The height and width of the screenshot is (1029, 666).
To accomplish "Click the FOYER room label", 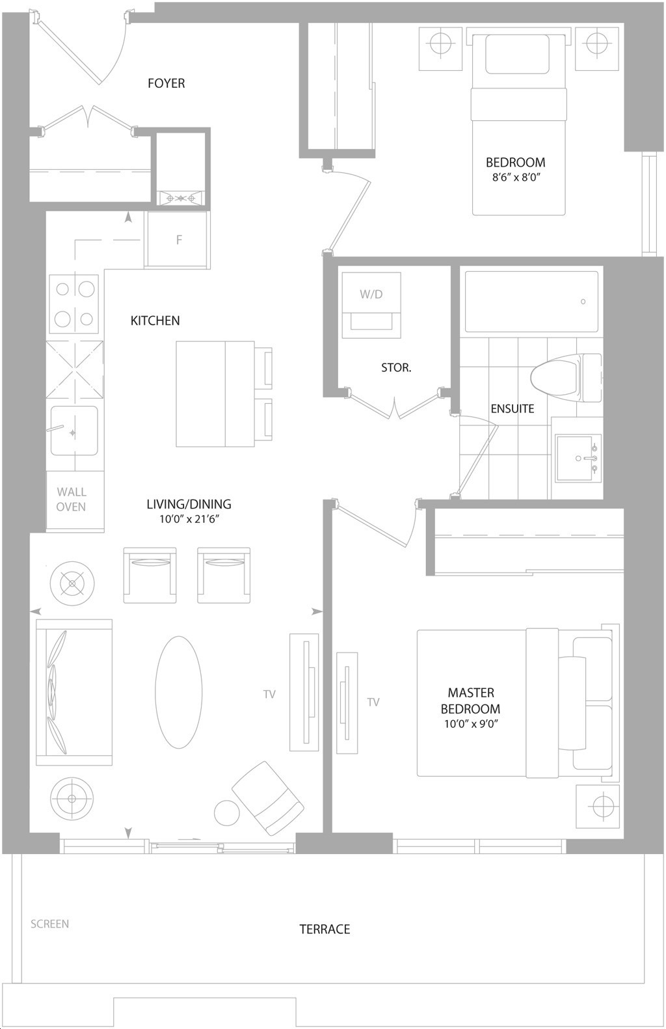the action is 166,83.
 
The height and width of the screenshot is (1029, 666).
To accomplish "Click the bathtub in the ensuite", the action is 531,301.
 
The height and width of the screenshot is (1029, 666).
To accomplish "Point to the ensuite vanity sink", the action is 578,458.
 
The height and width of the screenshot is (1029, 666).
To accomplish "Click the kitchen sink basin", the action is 74,431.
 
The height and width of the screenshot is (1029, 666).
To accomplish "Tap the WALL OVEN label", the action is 71,500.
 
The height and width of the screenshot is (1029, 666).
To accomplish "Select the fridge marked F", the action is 178,239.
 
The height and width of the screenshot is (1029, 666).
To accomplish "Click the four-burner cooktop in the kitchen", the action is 74,304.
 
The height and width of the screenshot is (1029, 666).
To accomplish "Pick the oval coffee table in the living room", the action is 179,693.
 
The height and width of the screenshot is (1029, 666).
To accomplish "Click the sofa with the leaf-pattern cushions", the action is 74,692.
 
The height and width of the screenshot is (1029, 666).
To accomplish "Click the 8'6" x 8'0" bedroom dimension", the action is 515,178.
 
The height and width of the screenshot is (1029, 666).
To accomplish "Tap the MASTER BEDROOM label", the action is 471,701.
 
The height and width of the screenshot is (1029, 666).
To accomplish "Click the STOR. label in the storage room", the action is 396,368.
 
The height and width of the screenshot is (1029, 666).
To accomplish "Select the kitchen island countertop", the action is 215,394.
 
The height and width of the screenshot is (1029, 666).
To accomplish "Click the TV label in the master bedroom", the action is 373,702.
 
